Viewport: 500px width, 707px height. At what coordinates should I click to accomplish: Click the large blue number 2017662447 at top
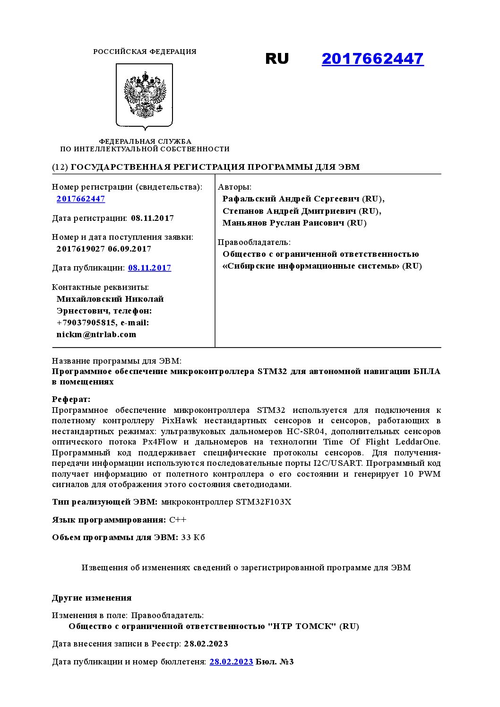click(x=372, y=59)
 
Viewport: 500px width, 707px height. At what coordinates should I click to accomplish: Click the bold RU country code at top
click(x=277, y=59)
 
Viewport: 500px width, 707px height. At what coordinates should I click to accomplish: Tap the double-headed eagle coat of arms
click(x=145, y=95)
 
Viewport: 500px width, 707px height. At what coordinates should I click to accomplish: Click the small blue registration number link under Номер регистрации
click(x=81, y=199)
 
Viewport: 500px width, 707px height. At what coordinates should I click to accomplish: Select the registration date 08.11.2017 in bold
click(x=152, y=218)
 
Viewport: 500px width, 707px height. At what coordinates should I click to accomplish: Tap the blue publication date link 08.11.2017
click(x=149, y=268)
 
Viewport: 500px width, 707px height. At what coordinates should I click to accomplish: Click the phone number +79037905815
click(x=86, y=323)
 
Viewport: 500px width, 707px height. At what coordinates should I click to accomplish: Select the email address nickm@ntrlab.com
click(x=96, y=334)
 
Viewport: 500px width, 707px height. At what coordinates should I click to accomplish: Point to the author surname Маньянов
click(x=244, y=223)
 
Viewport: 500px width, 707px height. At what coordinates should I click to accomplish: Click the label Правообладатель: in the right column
click(x=254, y=242)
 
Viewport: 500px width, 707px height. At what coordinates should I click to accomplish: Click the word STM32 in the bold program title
click(x=272, y=371)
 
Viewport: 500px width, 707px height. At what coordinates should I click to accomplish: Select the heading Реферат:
click(x=71, y=400)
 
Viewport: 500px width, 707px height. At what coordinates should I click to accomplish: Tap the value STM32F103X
click(x=263, y=502)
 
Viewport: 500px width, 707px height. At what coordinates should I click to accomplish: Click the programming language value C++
click(x=178, y=520)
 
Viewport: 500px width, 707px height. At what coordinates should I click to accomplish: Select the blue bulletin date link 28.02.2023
click(x=231, y=662)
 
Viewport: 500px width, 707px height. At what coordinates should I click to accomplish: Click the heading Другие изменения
click(x=92, y=598)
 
